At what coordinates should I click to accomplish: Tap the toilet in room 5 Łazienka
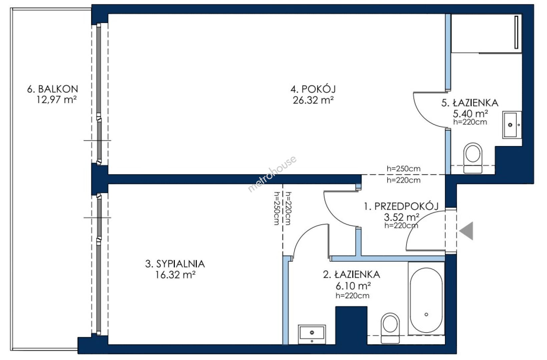coord(473,158)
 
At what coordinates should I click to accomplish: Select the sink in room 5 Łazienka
coord(512,125)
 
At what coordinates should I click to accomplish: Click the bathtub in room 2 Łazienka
coord(426,298)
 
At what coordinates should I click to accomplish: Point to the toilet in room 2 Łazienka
coord(390,328)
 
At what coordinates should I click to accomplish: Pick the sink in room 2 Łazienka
coord(312,334)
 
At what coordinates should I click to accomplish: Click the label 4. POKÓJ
coord(313,89)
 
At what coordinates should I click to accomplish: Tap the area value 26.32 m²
coord(313,100)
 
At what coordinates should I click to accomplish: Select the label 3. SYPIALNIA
coord(175,264)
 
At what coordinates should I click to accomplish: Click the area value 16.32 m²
coord(175,275)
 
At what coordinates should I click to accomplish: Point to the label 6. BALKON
coord(52,89)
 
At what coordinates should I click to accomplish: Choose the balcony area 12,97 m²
coord(57,100)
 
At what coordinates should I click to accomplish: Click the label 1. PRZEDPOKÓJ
coord(401,206)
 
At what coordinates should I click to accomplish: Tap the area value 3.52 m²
coord(402,217)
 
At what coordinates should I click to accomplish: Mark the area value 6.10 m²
coord(353,285)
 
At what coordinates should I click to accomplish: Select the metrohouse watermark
coord(272,174)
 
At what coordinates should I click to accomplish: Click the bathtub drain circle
coord(426,314)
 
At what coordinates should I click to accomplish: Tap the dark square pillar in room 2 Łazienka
coord(351,326)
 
